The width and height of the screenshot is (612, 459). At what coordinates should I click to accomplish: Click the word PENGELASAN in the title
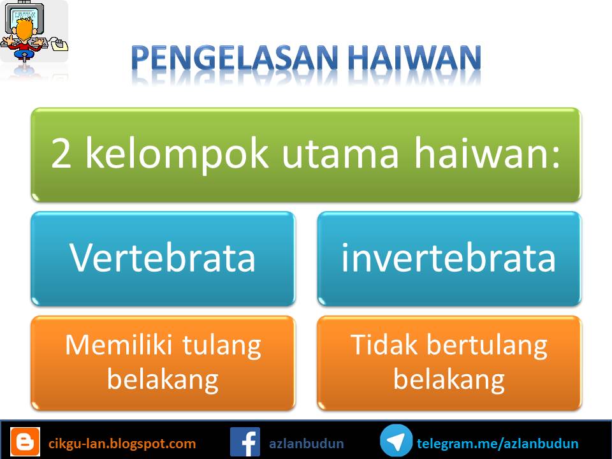pyautogui.click(x=235, y=58)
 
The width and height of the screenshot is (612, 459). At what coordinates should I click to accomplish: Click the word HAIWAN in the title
pyautogui.click(x=414, y=58)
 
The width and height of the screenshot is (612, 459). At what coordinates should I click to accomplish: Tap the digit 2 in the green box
pyautogui.click(x=61, y=154)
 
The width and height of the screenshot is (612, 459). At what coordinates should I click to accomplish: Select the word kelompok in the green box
pyautogui.click(x=177, y=154)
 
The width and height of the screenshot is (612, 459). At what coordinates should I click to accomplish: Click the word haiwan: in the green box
pyautogui.click(x=487, y=153)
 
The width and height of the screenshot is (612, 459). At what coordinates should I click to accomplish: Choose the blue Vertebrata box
pyautogui.click(x=163, y=258)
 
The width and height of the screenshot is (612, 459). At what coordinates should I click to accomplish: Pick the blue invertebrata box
pyautogui.click(x=449, y=258)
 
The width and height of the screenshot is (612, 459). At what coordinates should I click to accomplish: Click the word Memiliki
pyautogui.click(x=119, y=345)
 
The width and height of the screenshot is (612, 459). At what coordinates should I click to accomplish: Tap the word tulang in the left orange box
pyautogui.click(x=222, y=347)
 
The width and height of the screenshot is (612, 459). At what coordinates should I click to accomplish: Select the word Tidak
pyautogui.click(x=384, y=345)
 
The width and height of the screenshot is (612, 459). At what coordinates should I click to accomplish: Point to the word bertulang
pyautogui.click(x=487, y=347)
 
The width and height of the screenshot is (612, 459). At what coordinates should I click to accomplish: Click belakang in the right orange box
pyautogui.click(x=449, y=380)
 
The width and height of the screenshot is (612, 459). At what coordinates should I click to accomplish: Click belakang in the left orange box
pyautogui.click(x=163, y=380)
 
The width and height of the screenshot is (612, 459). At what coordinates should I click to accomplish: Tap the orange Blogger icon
pyautogui.click(x=25, y=442)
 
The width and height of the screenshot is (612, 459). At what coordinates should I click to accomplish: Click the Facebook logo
pyautogui.click(x=245, y=442)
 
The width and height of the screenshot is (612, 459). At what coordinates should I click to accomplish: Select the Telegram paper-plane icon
pyautogui.click(x=396, y=441)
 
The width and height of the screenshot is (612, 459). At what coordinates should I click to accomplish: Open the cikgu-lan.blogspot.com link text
pyautogui.click(x=122, y=444)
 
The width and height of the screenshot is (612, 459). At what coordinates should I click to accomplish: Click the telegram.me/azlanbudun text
pyautogui.click(x=498, y=444)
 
